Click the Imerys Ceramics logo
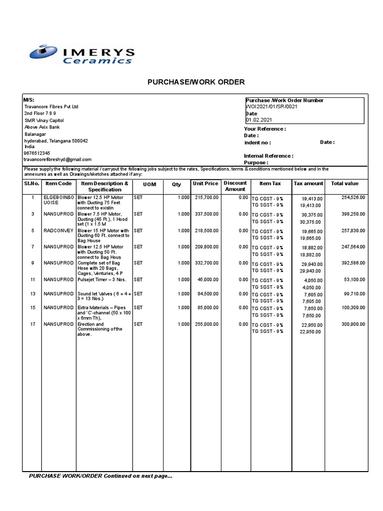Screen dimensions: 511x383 pyautogui.click(x=82, y=55)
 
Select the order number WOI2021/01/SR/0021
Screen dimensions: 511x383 pyautogui.click(x=272, y=107)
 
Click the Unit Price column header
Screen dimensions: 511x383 pyautogui.click(x=205, y=184)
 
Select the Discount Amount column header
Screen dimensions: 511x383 pyautogui.click(x=235, y=186)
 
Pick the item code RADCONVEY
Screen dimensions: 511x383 pyautogui.click(x=58, y=231)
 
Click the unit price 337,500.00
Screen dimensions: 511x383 pyautogui.click(x=206, y=214)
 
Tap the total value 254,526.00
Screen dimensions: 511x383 pyautogui.click(x=353, y=198)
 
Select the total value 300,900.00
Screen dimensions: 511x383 pyautogui.click(x=353, y=324)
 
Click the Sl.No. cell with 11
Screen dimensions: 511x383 pyautogui.click(x=32, y=279)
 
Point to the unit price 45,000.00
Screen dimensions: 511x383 pyautogui.click(x=207, y=279)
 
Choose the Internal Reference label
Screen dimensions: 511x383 pyautogui.click(x=268, y=156)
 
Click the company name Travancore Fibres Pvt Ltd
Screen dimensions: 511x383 pyautogui.click(x=51, y=107)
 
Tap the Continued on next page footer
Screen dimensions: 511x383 pyautogui.click(x=101, y=476)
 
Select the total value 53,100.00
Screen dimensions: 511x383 pyautogui.click(x=355, y=280)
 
